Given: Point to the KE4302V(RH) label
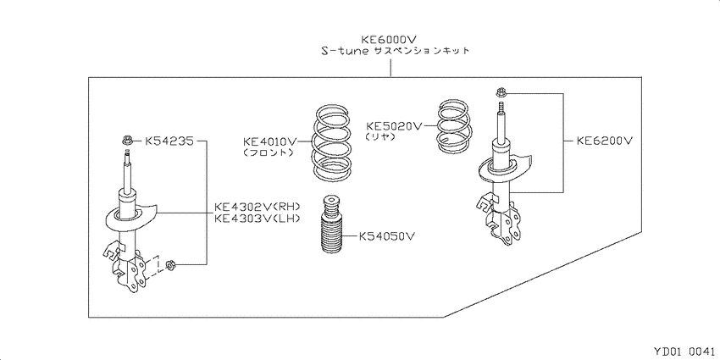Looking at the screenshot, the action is [x=257, y=207].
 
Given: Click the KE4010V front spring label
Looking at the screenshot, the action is [x=269, y=141].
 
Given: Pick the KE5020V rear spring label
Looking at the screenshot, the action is [x=393, y=125].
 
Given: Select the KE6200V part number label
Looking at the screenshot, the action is [x=604, y=141].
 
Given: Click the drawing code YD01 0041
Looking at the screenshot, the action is [x=684, y=351].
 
